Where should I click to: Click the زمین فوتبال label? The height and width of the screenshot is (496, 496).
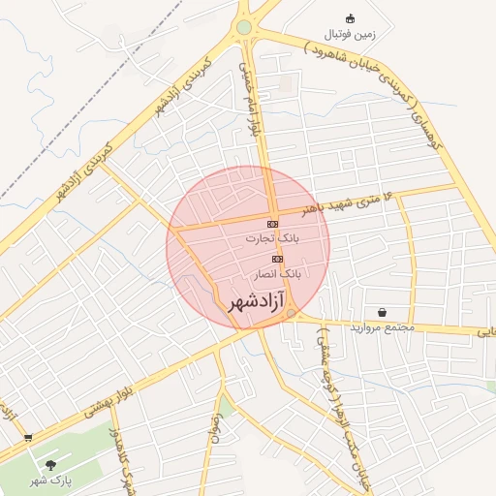point(351,34)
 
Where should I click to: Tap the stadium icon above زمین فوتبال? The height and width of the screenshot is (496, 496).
point(351,18)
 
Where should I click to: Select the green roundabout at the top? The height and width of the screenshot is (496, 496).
point(244,27)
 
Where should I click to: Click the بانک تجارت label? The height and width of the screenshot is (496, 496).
point(272,237)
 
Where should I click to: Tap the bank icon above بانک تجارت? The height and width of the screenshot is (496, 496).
point(272,224)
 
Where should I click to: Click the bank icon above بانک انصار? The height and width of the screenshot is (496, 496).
point(278,260)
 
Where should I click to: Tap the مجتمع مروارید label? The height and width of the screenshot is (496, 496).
point(385,327)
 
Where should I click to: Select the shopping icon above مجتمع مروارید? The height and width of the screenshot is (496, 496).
point(384,313)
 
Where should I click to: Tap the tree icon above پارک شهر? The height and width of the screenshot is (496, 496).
point(50,466)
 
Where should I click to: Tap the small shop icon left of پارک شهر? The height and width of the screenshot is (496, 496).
point(27,439)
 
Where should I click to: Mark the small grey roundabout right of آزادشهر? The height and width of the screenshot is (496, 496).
point(292,313)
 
